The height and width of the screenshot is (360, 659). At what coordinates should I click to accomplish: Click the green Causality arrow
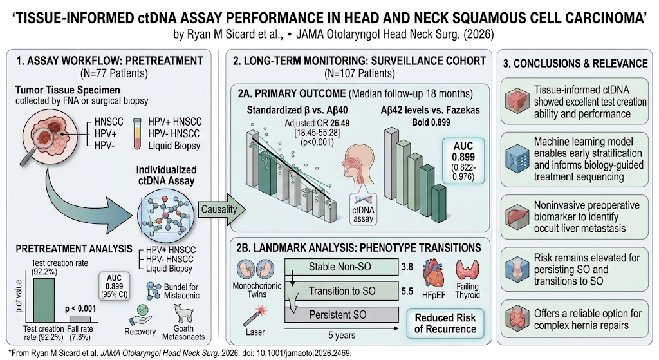222,209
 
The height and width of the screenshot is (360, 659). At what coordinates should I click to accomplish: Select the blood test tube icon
137,134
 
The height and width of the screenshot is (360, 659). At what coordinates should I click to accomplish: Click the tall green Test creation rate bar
44,300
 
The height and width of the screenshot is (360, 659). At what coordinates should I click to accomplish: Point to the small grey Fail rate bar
80,319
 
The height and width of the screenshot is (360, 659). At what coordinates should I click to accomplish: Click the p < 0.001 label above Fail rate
80,308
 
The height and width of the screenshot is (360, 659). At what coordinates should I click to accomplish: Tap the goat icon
183,314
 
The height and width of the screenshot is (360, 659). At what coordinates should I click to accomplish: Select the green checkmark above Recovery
143,310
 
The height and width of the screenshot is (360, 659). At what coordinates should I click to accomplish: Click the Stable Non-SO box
341,267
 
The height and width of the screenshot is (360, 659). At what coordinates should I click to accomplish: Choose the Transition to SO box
341,291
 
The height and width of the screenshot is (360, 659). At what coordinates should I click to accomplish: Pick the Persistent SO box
341,314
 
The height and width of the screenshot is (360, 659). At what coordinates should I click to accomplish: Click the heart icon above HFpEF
433,273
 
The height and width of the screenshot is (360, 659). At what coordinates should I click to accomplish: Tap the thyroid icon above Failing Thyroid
467,270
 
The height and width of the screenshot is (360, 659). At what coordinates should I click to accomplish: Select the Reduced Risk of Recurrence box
445,323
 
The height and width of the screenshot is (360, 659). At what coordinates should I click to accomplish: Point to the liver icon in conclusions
517,216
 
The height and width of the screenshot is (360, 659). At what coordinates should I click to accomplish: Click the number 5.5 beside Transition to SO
407,291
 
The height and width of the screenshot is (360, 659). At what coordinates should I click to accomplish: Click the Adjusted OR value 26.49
340,123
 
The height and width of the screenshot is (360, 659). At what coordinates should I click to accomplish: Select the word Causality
219,209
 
